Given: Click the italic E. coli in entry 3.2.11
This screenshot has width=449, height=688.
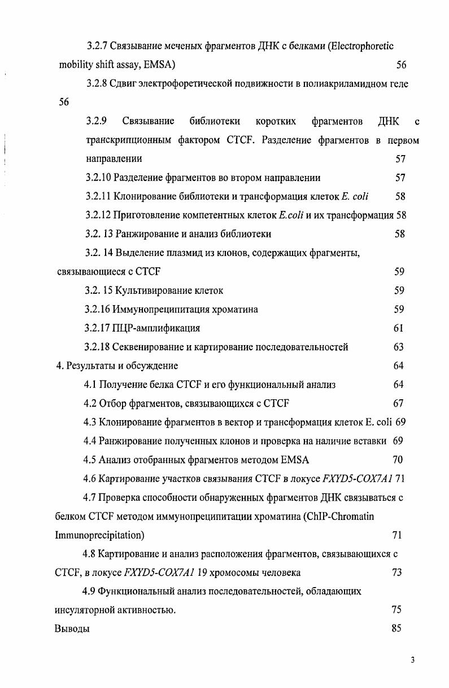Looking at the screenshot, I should pyautogui.click(x=355, y=196).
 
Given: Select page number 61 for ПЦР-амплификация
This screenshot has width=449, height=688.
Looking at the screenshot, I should pyautogui.click(x=399, y=328).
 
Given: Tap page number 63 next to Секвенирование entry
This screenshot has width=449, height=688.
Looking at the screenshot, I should pyautogui.click(x=399, y=347).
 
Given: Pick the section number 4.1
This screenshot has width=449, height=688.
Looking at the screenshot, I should pyautogui.click(x=89, y=385).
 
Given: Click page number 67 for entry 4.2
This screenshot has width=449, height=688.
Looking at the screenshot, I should pyautogui.click(x=398, y=403).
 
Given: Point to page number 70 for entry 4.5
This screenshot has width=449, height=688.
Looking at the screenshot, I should pyautogui.click(x=398, y=460).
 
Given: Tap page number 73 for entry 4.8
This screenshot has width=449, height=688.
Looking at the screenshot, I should pyautogui.click(x=396, y=572).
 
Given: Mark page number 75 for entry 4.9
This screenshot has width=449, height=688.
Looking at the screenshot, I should pyautogui.click(x=396, y=610).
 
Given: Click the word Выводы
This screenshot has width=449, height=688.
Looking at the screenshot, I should pyautogui.click(x=72, y=628).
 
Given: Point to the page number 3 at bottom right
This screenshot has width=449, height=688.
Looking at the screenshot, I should pyautogui.click(x=412, y=660).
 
